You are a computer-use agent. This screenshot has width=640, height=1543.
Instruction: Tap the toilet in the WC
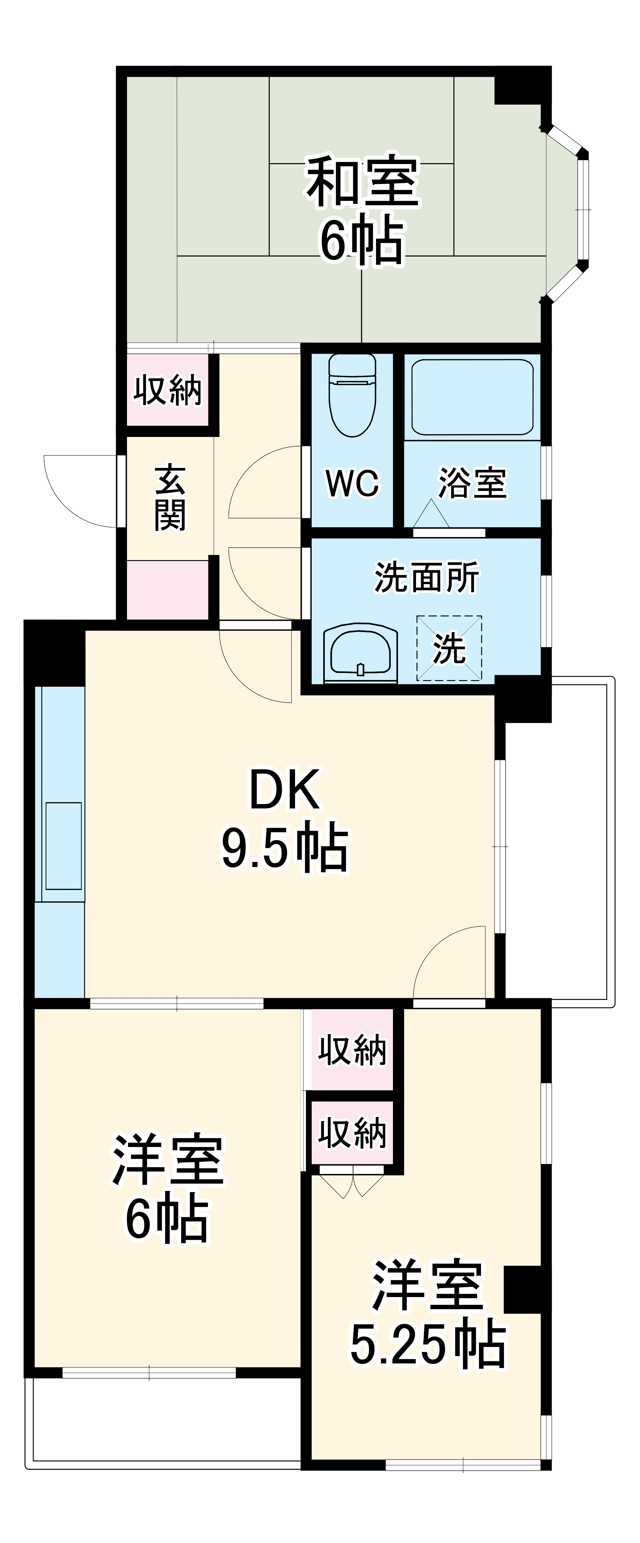tap(352, 395)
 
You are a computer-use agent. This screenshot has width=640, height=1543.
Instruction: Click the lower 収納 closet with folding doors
tap(352, 1132)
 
